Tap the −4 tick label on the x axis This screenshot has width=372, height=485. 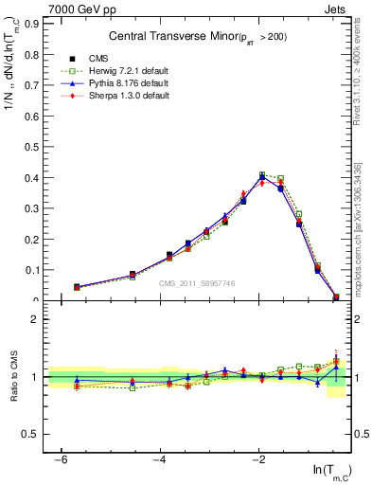click(x=160, y=459)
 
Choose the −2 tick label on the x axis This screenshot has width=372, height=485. click(x=259, y=459)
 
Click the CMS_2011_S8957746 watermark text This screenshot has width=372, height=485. click(x=196, y=283)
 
